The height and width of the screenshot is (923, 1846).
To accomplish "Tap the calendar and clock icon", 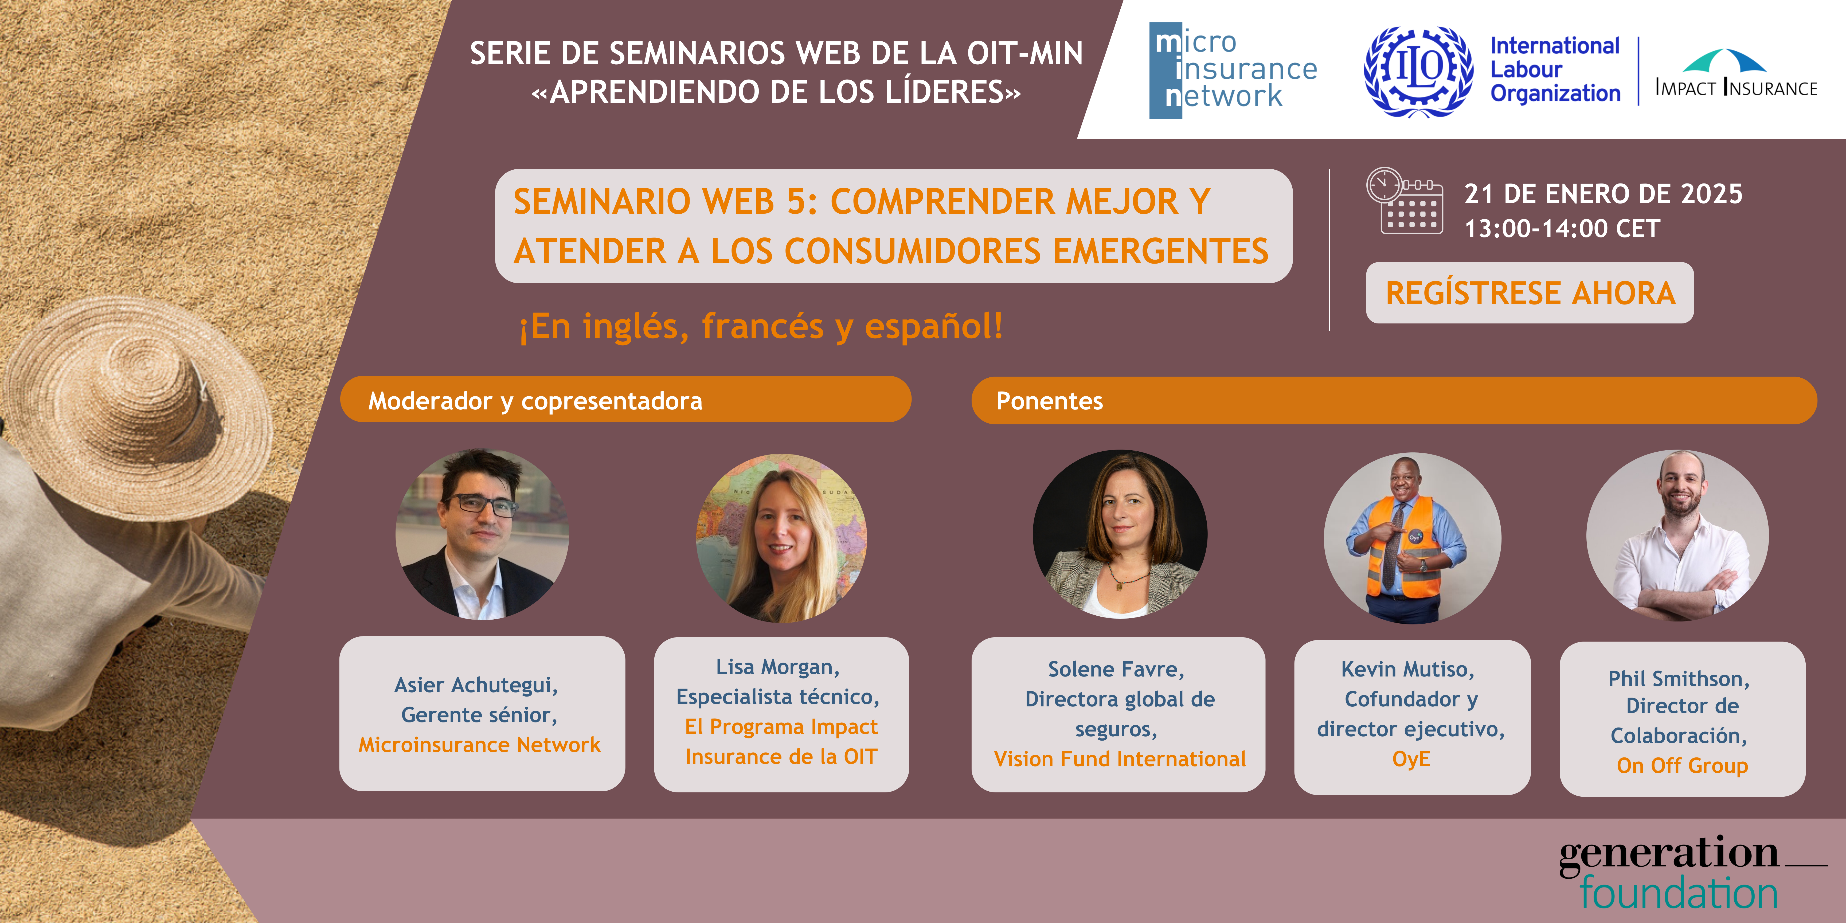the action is tap(1405, 201).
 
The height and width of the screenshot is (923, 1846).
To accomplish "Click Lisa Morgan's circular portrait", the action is tap(781, 537).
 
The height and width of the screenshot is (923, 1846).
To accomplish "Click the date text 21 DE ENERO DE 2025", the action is tap(1603, 194).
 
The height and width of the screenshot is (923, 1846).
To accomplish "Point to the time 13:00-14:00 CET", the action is tap(1562, 229).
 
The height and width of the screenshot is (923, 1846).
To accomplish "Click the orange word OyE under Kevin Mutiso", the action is tap(1411, 759).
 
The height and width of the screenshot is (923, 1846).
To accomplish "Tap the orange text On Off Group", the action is tap(1682, 765).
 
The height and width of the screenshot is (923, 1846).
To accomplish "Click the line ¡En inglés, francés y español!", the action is tap(761, 327).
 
